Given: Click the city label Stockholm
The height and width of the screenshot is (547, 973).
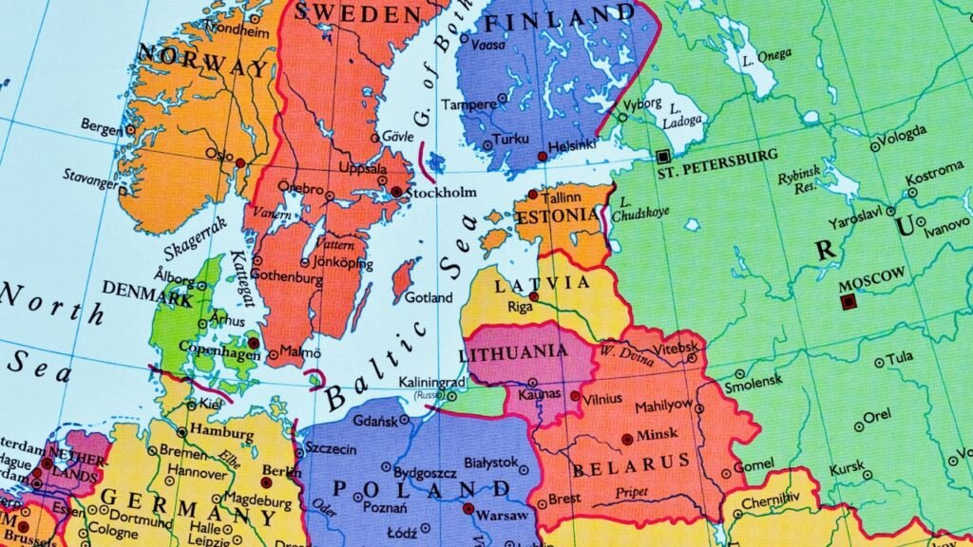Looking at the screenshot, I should [441, 193].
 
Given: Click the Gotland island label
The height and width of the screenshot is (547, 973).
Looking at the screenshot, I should [429, 297].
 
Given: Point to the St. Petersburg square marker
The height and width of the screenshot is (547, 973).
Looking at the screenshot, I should [662, 156].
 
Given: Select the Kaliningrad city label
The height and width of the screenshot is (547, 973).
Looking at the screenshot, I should [432, 382].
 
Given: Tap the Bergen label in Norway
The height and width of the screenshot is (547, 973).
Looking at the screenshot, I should [101, 126].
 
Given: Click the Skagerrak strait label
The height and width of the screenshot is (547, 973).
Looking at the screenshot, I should [196, 238].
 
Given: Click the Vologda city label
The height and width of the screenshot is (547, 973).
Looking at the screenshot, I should [903, 141].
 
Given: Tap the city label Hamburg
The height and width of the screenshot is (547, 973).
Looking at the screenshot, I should [227, 429].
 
